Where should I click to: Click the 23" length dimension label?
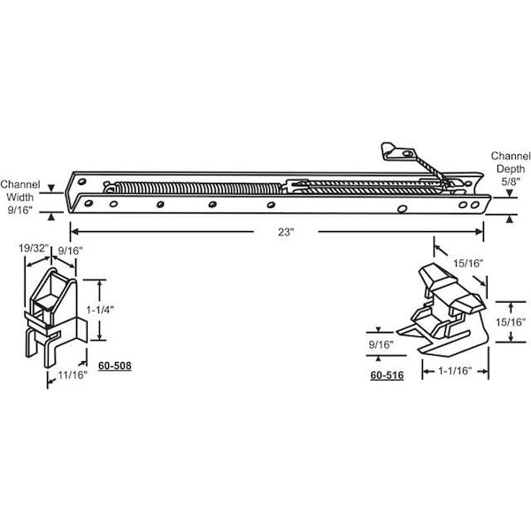[286, 232]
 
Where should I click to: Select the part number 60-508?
[115, 366]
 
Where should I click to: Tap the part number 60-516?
[387, 375]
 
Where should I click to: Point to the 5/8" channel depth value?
[511, 181]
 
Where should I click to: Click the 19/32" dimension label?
[34, 248]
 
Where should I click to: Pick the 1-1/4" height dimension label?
[99, 310]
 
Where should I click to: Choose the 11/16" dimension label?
[73, 375]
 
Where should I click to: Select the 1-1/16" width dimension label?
[455, 371]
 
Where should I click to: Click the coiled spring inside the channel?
[197, 188]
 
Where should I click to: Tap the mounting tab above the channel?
[398, 151]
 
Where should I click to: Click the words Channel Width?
[20, 190]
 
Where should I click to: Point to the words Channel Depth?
[511, 162]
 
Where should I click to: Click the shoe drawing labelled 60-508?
[56, 318]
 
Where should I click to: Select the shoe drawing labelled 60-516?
[442, 309]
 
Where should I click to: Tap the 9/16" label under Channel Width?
[20, 210]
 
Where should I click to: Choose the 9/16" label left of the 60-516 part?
[381, 345]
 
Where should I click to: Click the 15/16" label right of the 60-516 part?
[511, 322]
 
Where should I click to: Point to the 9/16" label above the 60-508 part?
[71, 251]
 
